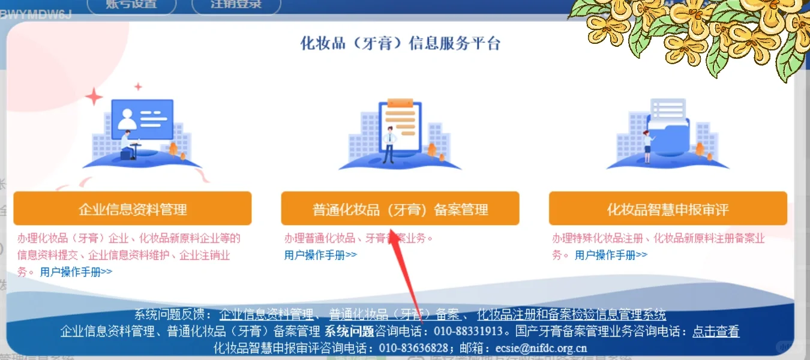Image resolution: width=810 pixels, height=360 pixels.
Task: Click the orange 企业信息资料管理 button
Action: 133,209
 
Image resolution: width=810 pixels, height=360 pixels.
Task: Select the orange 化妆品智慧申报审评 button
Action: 668,209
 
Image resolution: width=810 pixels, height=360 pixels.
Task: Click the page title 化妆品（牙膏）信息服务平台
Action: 400,44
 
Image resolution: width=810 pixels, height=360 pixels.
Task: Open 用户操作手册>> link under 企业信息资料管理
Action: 76,272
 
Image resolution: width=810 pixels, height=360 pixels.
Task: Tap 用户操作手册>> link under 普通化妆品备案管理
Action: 320,255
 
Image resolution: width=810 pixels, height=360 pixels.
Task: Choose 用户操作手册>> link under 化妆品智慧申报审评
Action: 611,255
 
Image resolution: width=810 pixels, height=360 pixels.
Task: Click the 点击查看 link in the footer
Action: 716,331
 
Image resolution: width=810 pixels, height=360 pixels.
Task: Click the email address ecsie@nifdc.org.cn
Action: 541,348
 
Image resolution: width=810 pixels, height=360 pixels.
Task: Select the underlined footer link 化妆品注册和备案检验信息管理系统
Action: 571,315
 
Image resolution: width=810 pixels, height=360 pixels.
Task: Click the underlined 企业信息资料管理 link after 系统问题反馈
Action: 266,315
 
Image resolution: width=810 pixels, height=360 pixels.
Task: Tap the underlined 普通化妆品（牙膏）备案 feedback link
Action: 394,315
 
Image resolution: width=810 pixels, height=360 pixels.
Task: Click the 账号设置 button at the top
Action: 132,5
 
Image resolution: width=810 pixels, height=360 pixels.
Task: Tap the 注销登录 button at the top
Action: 236,5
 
